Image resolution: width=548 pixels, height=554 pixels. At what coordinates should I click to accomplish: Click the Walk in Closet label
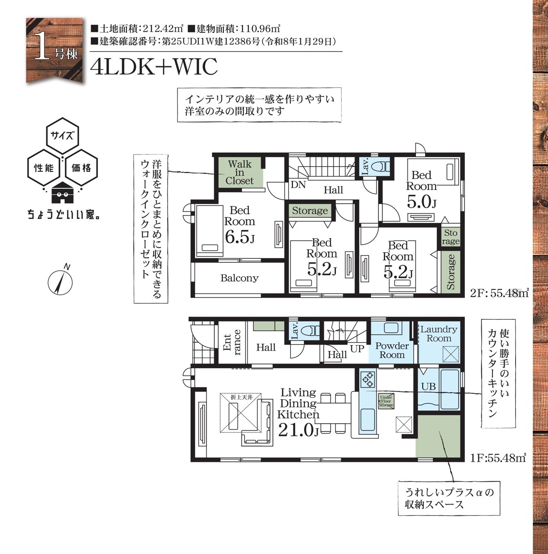pos(240,173)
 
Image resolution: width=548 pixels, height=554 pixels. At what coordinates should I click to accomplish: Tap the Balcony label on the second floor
pos(239,278)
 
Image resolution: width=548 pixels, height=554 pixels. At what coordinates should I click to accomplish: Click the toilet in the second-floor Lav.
pos(380,167)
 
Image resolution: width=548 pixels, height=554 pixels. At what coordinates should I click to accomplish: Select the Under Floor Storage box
pos(386,401)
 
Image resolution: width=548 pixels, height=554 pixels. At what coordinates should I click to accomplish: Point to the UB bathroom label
pos(429,387)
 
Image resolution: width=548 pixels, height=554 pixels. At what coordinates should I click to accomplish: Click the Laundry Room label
pos(438,334)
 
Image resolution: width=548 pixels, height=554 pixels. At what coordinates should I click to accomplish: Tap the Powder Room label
pos(392,350)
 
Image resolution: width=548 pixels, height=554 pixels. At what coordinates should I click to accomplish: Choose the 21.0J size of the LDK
pos(298,430)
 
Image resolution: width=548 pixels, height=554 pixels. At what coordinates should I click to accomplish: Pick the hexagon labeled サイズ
pos(62,135)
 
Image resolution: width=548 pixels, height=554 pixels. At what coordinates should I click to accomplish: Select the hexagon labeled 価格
pos(81,167)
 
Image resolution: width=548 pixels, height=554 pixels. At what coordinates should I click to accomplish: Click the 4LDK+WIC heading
pos(154,66)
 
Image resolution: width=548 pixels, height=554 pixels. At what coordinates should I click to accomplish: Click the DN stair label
pos(298,184)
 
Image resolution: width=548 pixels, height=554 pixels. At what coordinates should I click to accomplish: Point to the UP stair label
pos(357,348)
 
